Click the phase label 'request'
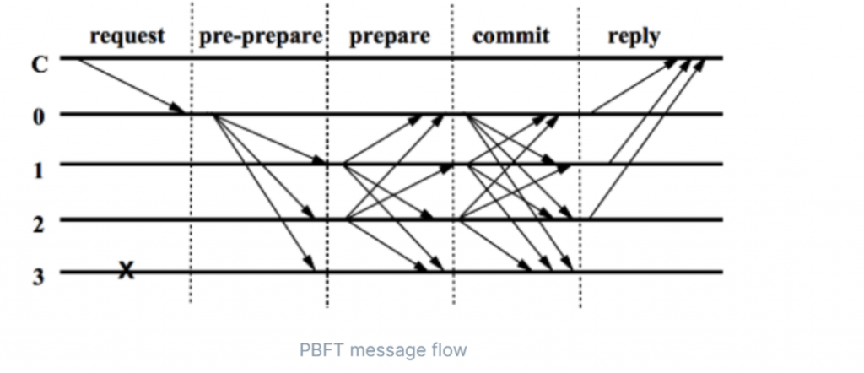click(x=127, y=36)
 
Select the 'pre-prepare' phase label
click(x=261, y=37)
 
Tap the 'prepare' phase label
click(x=389, y=37)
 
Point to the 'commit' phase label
click(x=510, y=36)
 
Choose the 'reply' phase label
click(x=634, y=36)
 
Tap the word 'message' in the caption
click(x=386, y=349)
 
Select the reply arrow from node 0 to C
click(x=633, y=86)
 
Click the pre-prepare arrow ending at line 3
click(x=266, y=194)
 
